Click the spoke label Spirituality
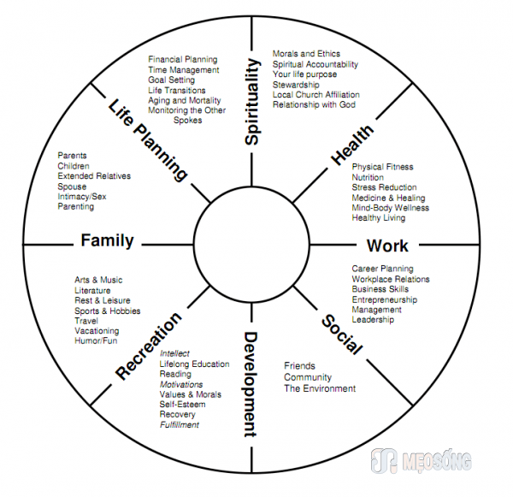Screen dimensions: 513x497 pos(252,102)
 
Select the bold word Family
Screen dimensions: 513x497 pos(108,240)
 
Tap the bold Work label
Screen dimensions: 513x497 pos(387,246)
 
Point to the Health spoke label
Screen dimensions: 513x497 pos(352,145)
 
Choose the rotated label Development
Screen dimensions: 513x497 pos(251,385)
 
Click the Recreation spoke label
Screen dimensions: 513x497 pos(149,346)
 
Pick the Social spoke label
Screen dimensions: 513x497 pos(342,334)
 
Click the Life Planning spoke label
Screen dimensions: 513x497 pos(148,139)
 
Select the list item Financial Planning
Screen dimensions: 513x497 pos(183,60)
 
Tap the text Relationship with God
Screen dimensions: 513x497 pos(314,104)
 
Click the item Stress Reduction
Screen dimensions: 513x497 pos(384,187)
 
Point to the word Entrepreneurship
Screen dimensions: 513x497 pos(385,299)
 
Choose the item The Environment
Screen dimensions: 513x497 pos(320,388)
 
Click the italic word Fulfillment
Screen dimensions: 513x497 pos(180,424)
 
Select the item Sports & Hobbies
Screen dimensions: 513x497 pos(108,311)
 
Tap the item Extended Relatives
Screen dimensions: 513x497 pos(94,176)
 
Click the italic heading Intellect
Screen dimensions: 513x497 pos(174,353)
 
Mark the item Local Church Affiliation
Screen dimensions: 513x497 pos(316,95)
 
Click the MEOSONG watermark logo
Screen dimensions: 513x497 pos(421,461)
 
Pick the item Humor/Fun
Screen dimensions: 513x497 pos(96,340)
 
